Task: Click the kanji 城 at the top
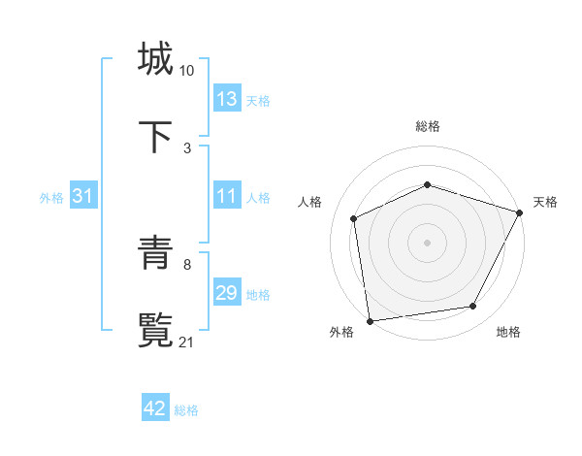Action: (155, 58)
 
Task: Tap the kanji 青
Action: (155, 254)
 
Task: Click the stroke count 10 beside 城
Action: (187, 71)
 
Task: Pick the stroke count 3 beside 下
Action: (187, 148)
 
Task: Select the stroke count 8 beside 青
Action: (187, 264)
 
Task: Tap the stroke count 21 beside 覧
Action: (187, 342)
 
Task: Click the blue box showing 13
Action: (227, 99)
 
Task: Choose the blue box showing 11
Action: (227, 196)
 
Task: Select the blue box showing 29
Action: (227, 293)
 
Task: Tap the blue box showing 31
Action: (83, 196)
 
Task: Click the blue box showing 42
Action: (155, 409)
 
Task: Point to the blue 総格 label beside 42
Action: (186, 410)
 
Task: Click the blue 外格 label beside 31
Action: (51, 197)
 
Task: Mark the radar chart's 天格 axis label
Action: (545, 202)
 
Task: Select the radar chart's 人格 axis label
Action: (309, 202)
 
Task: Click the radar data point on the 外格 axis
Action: (370, 320)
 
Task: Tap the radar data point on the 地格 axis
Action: (473, 307)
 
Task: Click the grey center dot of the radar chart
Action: (427, 242)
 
